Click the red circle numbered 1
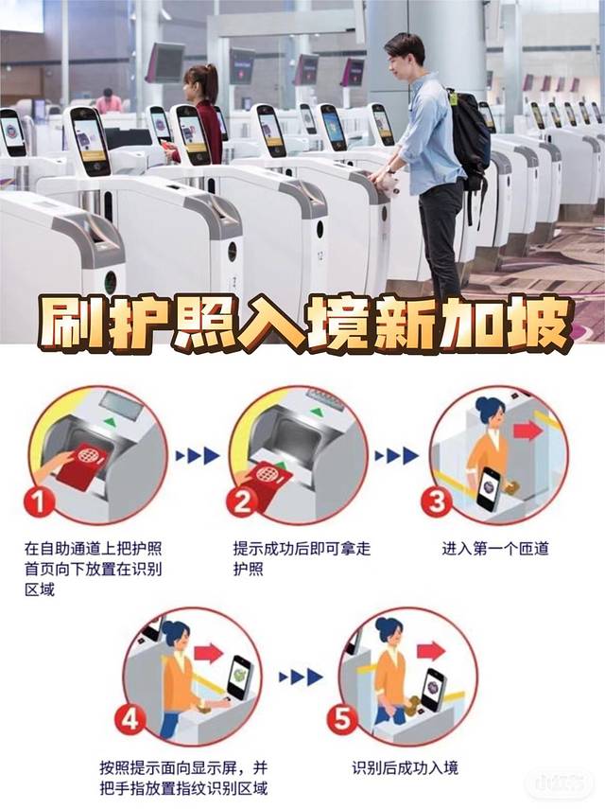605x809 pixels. tap(39, 501)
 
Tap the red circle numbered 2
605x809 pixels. tap(242, 501)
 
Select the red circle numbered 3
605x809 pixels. tap(437, 501)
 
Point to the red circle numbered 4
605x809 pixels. tap(130, 719)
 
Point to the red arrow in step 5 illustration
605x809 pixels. tap(431, 651)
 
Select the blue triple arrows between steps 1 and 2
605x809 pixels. tap(199, 455)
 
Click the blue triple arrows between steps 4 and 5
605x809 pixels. tap(301, 677)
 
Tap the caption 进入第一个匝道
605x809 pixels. tap(495, 549)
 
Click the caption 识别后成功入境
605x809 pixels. tap(405, 767)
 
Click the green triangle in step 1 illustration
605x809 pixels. tap(109, 422)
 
